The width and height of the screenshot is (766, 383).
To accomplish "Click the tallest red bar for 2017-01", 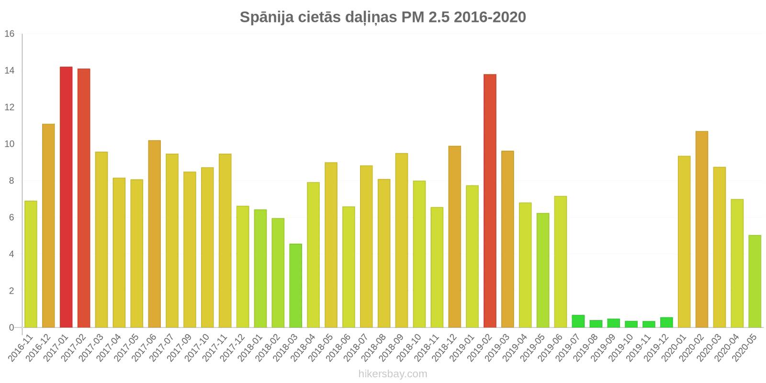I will [x=66, y=197].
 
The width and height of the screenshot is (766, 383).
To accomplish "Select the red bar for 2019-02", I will [x=490, y=201].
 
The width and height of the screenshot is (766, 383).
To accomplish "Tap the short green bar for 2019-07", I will [x=578, y=321].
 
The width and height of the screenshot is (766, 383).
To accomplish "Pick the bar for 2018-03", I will [x=295, y=286].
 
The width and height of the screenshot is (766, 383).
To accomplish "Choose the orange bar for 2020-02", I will [x=702, y=229].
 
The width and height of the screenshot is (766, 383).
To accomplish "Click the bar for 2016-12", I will [x=48, y=226].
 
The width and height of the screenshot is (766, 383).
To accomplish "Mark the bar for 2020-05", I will [x=755, y=282].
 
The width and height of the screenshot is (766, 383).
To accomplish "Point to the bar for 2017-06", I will [x=154, y=234].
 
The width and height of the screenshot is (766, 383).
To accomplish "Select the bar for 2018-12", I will [x=454, y=237].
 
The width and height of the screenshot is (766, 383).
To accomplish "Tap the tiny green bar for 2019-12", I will [x=666, y=323].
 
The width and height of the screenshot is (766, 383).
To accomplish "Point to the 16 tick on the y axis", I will [x=10, y=34].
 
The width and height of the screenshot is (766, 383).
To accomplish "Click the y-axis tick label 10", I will [x=10, y=144].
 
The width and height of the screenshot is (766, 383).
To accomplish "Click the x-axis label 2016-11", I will [x=22, y=348].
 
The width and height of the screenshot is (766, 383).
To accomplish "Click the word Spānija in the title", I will [x=267, y=17].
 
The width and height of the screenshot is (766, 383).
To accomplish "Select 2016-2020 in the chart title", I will [x=490, y=17].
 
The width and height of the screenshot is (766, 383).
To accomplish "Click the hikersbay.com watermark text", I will [x=393, y=374].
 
